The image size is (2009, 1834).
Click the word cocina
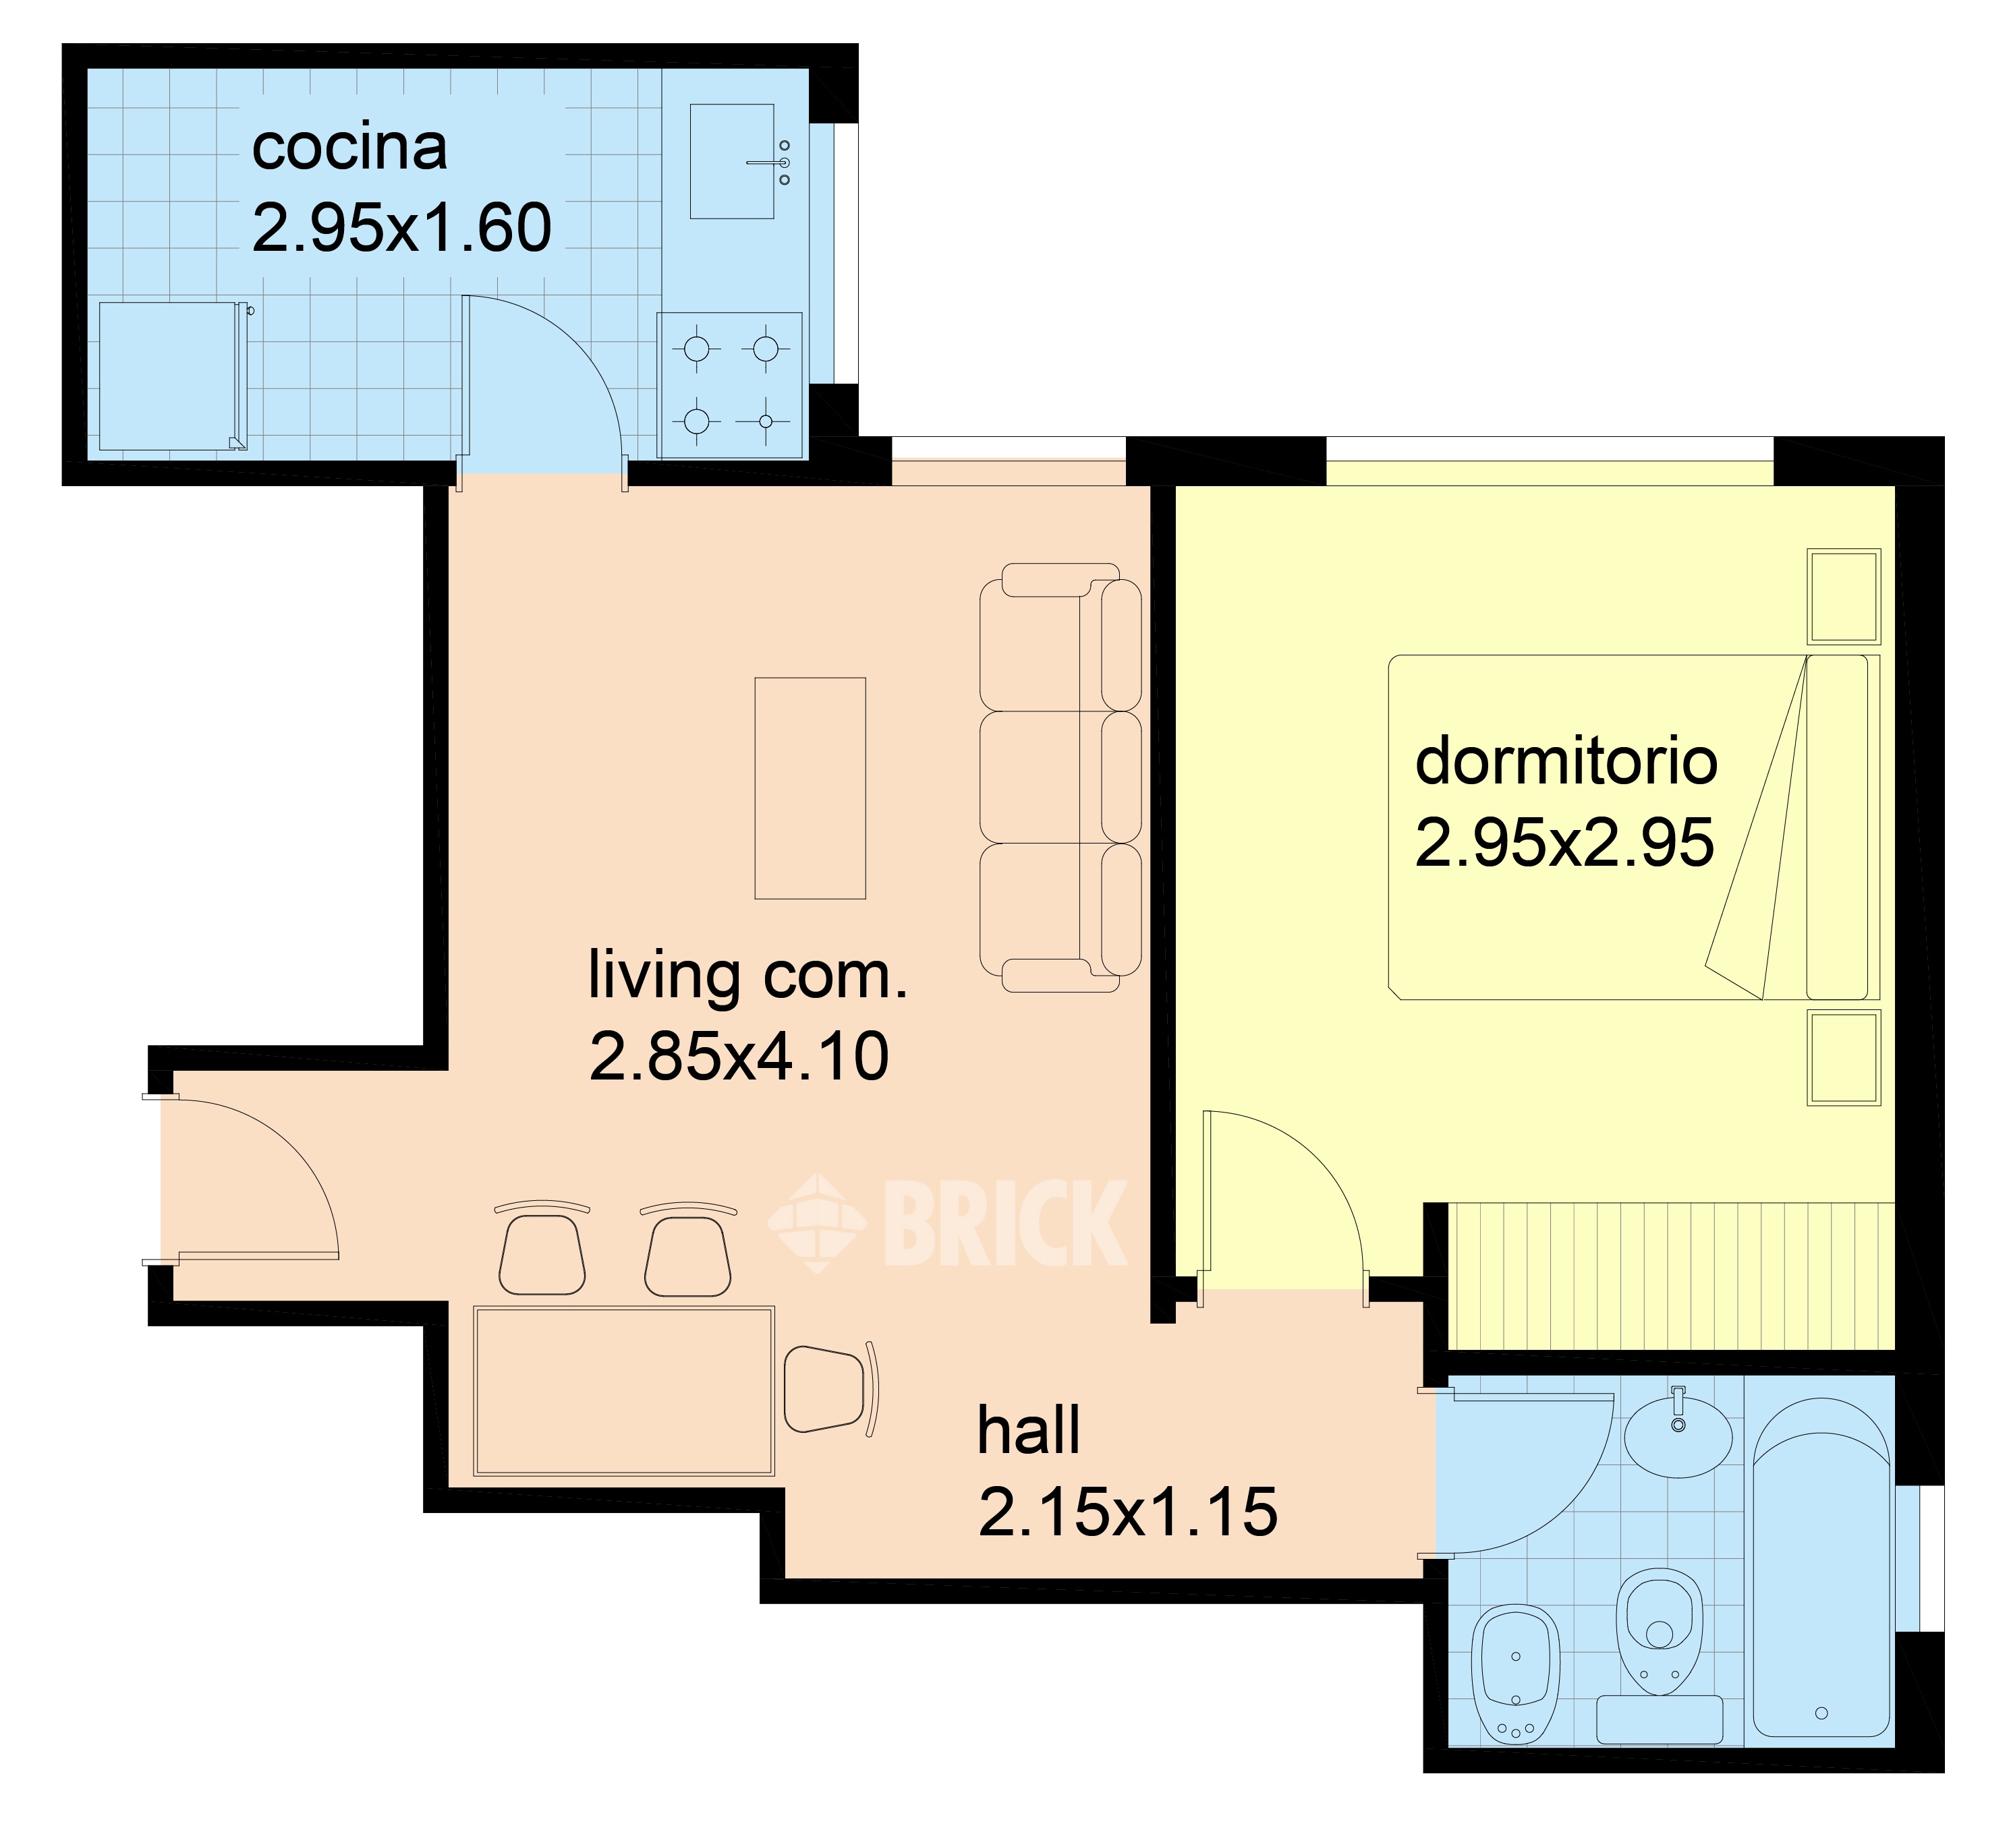pos(349,148)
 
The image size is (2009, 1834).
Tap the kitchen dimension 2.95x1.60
pos(401,228)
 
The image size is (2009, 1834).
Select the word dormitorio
pos(1566,762)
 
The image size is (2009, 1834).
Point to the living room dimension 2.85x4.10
pos(739,1057)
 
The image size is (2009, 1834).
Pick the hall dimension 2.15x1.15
pos(1128,1512)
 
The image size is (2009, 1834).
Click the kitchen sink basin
pos(733,161)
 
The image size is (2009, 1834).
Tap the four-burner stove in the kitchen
pos(731,386)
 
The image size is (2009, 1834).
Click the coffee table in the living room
pos(810,788)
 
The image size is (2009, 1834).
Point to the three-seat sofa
pos(1060,778)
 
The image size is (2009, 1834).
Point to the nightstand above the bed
pos(1844,596)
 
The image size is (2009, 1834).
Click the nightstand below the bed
pos(1844,1057)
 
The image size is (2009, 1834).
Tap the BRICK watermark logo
pos(946,1222)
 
